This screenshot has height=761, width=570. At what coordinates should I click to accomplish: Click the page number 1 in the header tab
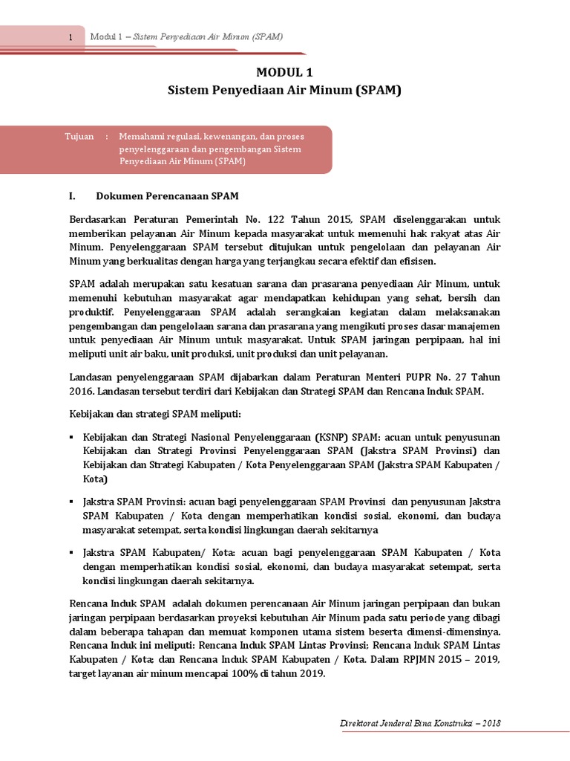click(x=70, y=38)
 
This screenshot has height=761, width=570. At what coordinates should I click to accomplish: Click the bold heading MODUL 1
click(x=284, y=72)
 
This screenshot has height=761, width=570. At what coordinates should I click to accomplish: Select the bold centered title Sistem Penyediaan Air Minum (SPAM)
click(x=284, y=90)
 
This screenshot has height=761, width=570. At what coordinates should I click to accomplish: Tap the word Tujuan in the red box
click(x=79, y=137)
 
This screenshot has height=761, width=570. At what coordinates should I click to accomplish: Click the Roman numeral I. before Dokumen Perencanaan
click(x=73, y=195)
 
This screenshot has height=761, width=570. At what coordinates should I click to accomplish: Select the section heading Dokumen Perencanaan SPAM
click(x=167, y=195)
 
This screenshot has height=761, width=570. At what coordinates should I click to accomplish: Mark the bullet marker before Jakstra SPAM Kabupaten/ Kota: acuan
click(x=72, y=552)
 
